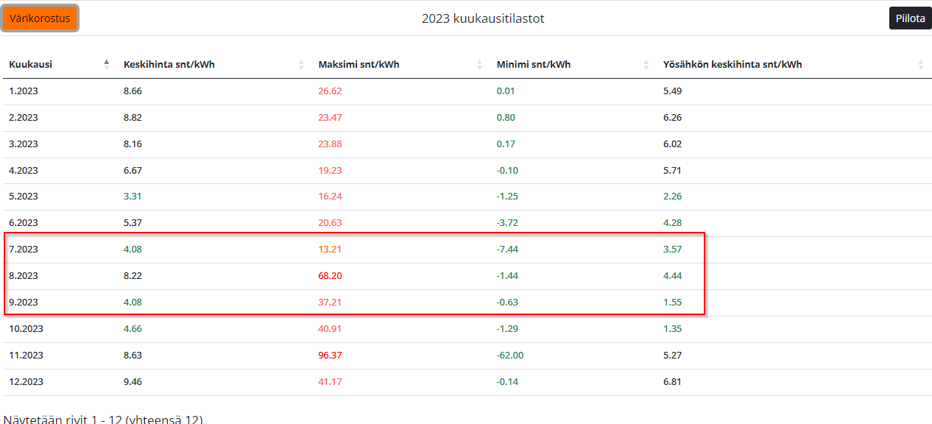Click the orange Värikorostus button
40,18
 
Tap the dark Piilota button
911,18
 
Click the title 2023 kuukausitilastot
483,18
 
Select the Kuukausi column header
30,65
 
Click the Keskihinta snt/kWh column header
169,65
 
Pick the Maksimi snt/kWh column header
359,65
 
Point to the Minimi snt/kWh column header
534,65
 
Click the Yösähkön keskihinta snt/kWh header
732,65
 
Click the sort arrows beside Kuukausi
107,65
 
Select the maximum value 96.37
330,356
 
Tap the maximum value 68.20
330,276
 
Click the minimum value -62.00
509,356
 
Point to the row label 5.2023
24,197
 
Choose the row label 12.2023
26,382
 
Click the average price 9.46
133,382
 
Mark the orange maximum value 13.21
330,250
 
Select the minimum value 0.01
506,91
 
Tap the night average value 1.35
672,329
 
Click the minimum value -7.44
507,250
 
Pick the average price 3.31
133,197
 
